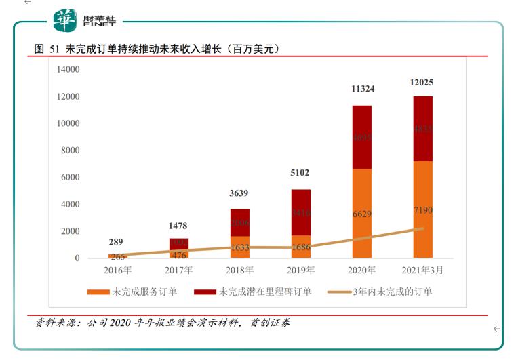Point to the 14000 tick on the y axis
(x=68, y=69)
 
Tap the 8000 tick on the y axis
(x=71, y=151)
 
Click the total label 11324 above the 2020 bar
(x=361, y=89)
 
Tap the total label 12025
(x=422, y=83)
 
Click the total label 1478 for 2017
(x=178, y=226)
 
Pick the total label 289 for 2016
(x=117, y=242)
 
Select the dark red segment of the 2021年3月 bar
(x=422, y=129)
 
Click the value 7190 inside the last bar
(x=422, y=211)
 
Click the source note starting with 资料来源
(x=163, y=323)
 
